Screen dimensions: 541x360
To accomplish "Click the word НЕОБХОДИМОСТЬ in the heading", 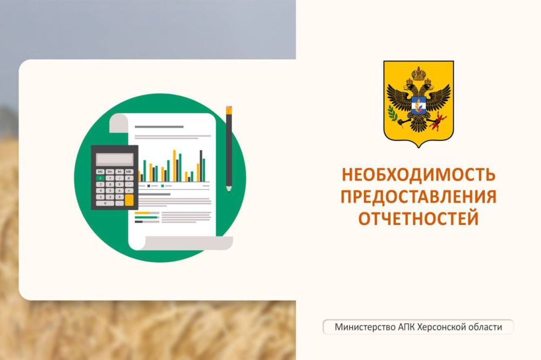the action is point(418,175).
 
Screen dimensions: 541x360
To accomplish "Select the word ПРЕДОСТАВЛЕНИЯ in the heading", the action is point(418,197).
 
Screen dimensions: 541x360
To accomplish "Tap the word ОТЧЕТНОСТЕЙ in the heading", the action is point(418,218).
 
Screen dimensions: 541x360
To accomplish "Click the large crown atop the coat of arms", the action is point(419,73).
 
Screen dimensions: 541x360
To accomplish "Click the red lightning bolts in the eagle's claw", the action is point(440,119).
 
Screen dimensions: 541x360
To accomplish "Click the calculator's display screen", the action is point(115,158).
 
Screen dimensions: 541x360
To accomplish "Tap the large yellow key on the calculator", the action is point(129,200).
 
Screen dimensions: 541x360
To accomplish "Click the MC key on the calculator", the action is point(101,172).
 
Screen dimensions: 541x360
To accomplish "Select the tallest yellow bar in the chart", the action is point(175,166).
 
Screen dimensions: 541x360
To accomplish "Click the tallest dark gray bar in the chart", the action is point(201,166).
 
